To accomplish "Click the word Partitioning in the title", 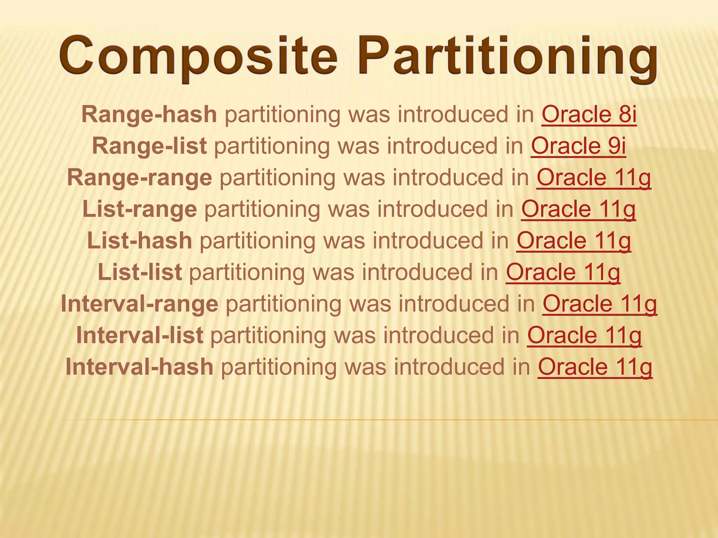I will (x=507, y=58).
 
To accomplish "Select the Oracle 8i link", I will (x=589, y=115).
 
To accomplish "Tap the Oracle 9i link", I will (x=578, y=146).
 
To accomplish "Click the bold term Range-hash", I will (x=149, y=115).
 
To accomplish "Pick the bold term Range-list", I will (x=149, y=146).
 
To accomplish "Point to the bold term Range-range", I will (x=140, y=178).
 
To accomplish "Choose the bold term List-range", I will (x=140, y=209).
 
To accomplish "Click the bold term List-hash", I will (x=140, y=241).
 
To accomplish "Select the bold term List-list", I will (x=140, y=272).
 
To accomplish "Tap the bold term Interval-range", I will (x=140, y=304).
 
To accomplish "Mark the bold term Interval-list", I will (x=140, y=335).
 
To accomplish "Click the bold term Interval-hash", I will (x=140, y=367).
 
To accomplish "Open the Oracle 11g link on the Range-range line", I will (x=594, y=178).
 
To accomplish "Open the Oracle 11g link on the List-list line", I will (x=563, y=272).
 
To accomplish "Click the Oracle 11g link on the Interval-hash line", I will (x=595, y=367).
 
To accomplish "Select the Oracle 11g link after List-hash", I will (x=574, y=241).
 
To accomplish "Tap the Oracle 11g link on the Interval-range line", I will (x=600, y=304).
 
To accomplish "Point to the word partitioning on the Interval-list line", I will (x=268, y=335).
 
